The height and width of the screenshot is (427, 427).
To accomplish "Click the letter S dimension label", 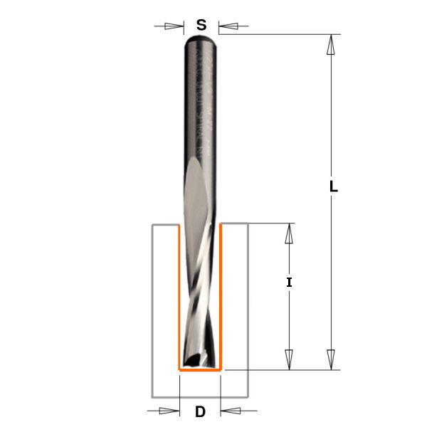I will click(201, 26).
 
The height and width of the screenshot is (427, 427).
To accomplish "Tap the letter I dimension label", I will click(289, 283).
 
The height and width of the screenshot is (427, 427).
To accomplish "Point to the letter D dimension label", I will click(200, 411).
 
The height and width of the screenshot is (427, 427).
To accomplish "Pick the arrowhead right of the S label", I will click(228, 27).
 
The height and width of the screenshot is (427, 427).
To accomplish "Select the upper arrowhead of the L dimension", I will click(330, 45).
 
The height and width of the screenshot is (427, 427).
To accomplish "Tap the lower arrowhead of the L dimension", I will click(330, 358).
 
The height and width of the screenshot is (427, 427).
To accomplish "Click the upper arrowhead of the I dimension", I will click(289, 234).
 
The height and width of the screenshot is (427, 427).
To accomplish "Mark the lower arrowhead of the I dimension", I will click(289, 359).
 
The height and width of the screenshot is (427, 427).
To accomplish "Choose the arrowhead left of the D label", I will click(169, 411).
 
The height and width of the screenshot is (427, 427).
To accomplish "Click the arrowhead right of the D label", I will click(231, 411).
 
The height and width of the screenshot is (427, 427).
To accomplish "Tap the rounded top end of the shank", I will click(201, 40).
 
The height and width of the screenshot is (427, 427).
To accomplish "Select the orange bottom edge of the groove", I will click(200, 370).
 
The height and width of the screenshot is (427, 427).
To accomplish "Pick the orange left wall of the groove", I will click(178, 299).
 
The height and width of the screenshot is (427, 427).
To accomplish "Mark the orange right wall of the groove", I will click(221, 299).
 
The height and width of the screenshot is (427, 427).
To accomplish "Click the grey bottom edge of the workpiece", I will click(200, 396).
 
